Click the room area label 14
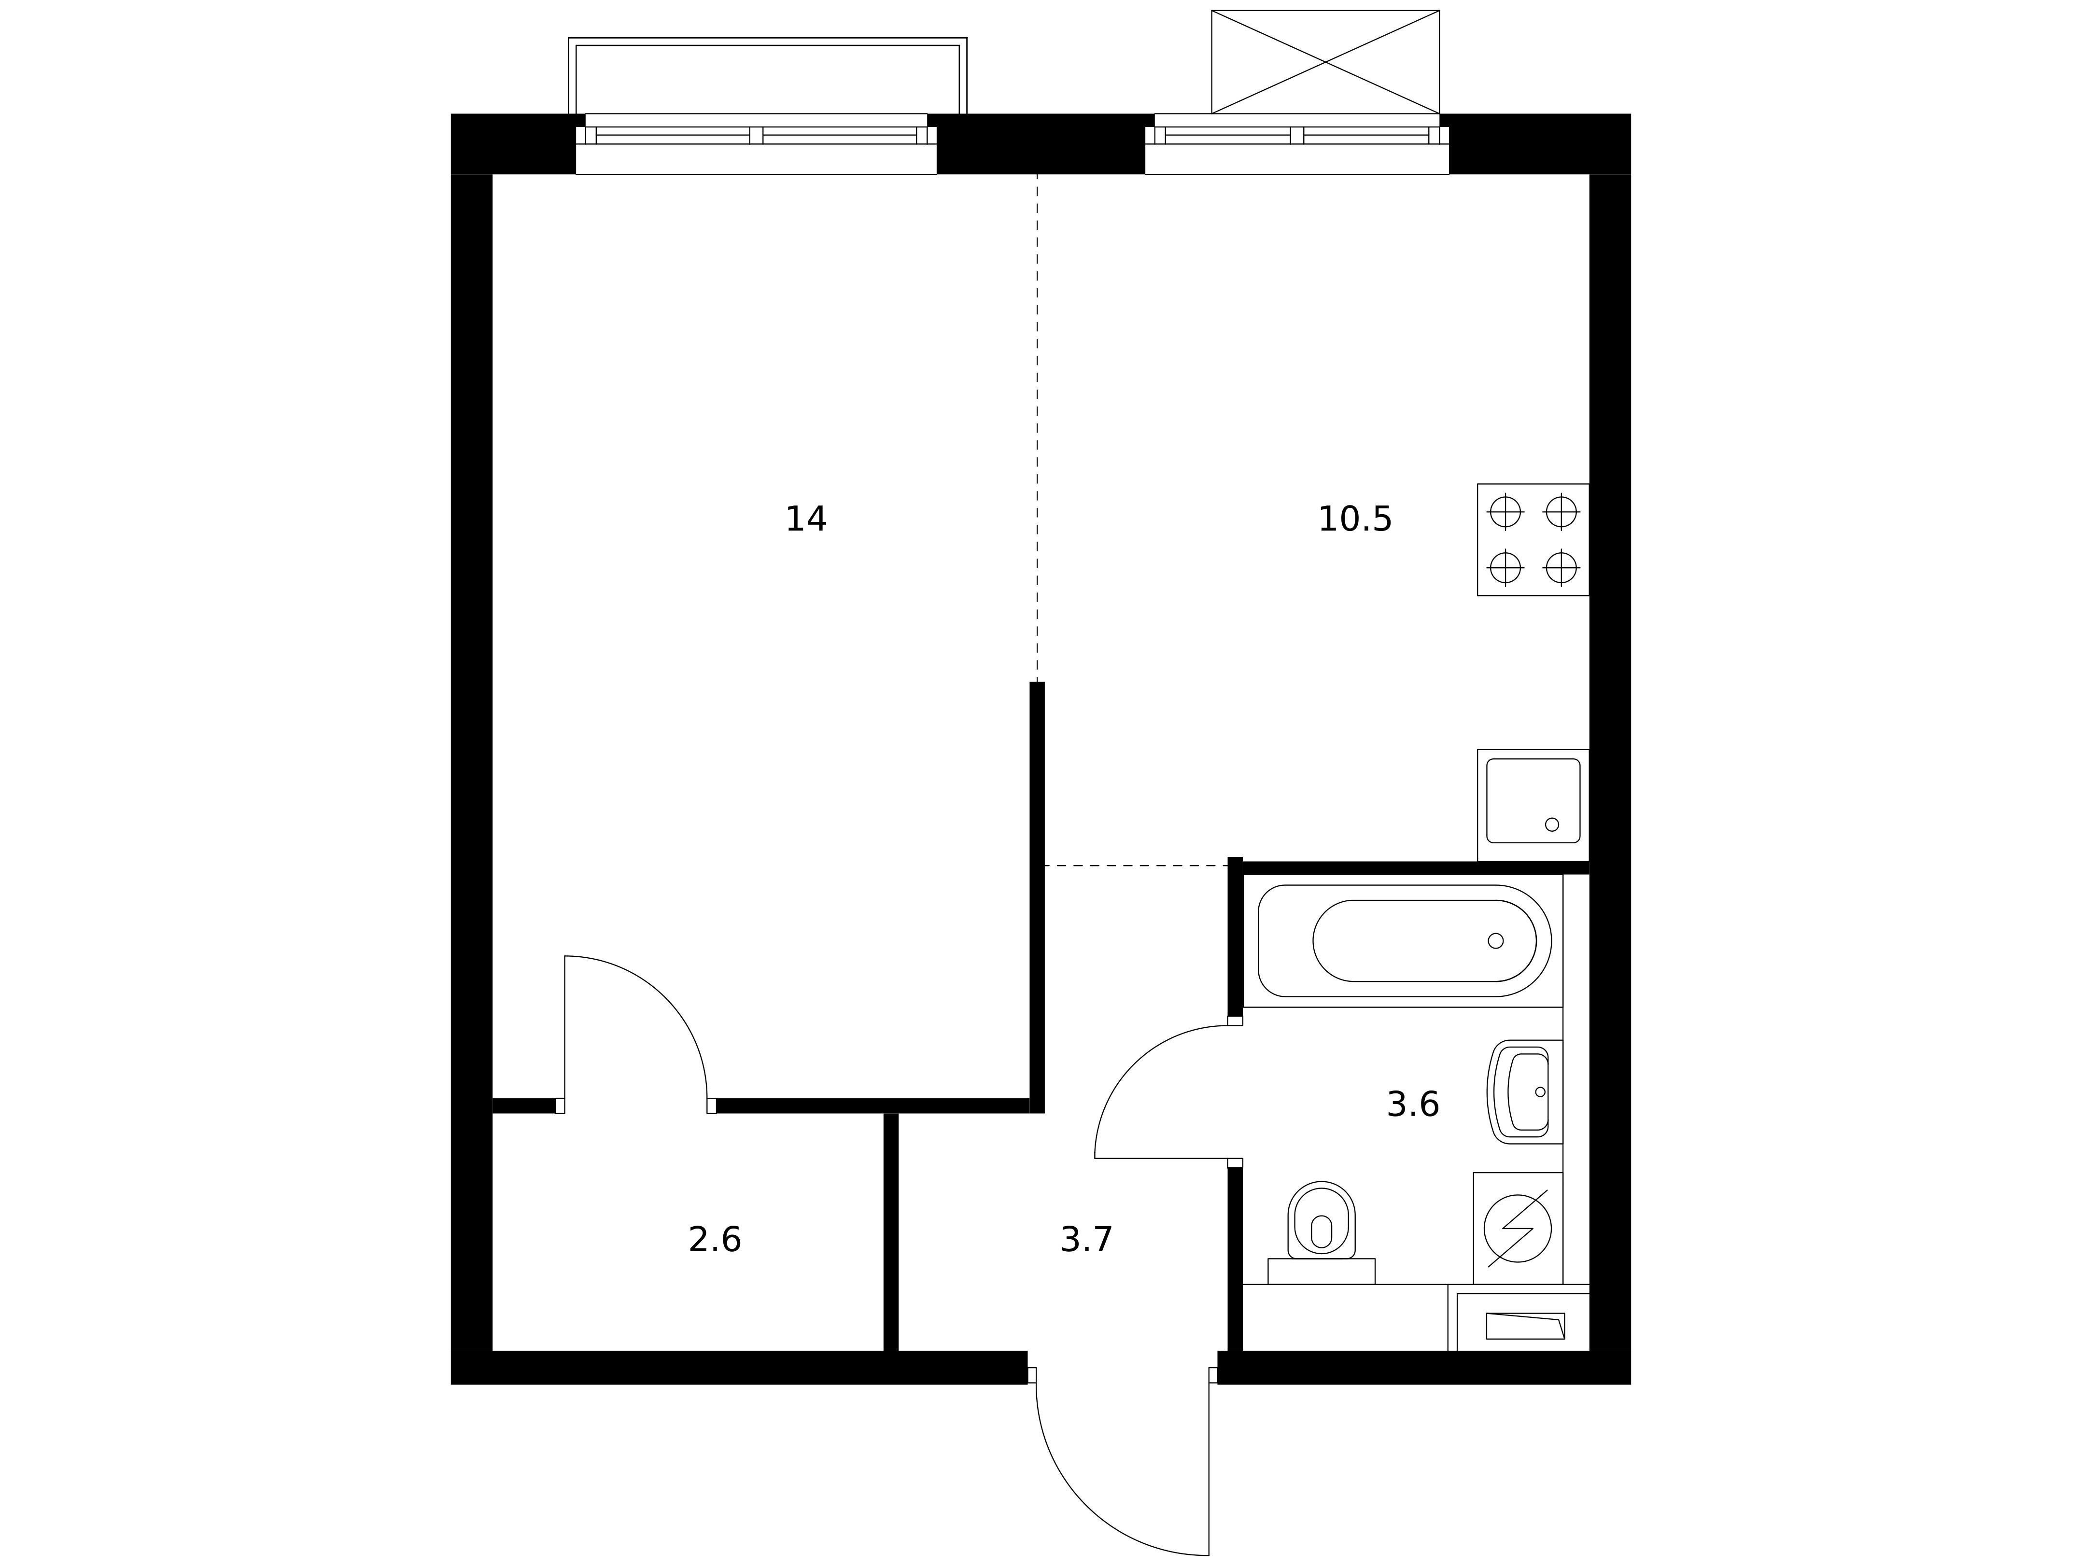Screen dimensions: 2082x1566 806,519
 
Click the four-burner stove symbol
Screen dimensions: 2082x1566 1533,539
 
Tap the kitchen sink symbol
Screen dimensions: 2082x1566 1533,805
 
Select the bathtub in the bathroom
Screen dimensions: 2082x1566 1404,941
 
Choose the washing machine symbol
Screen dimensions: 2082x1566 1517,1228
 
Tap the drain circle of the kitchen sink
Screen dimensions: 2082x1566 1552,825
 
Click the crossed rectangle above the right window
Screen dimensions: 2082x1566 1325,62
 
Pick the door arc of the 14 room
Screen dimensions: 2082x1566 665,997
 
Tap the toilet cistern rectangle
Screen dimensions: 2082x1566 1322,1272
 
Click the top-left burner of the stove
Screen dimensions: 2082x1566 1505,512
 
